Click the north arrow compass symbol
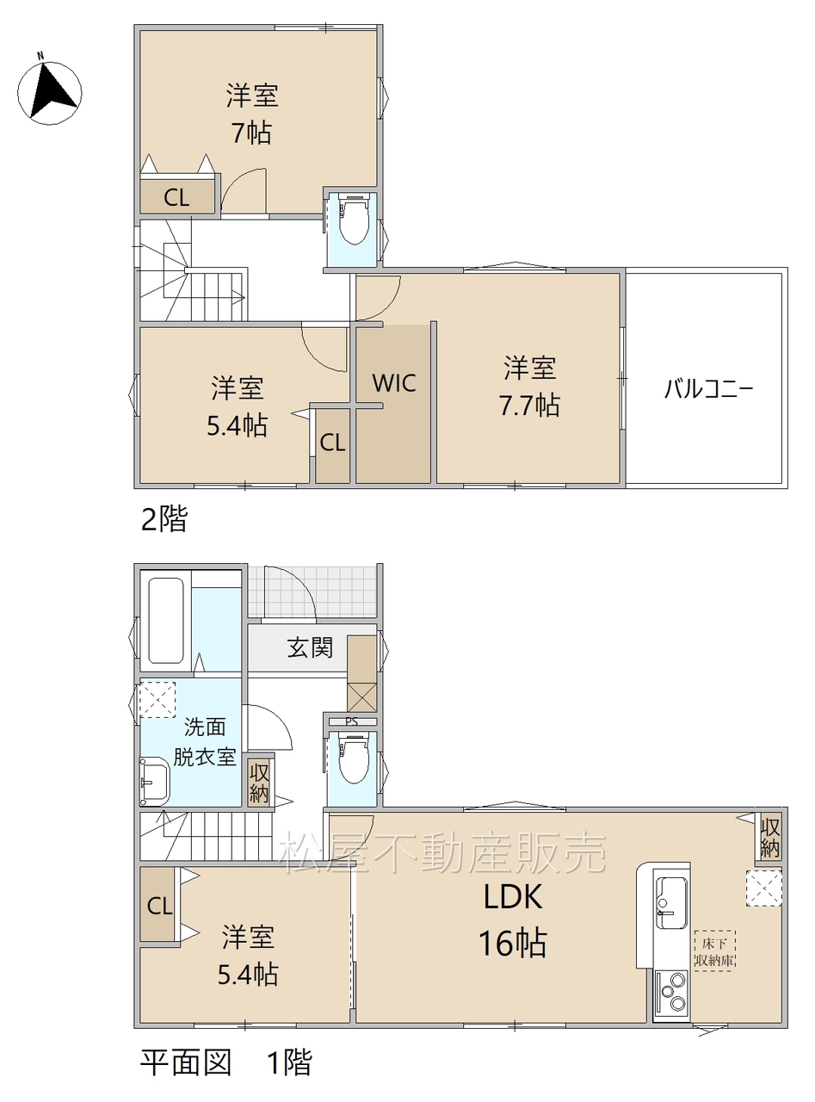[x=49, y=93]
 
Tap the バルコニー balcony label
[x=709, y=389]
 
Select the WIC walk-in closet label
[x=394, y=383]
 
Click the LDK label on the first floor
[x=513, y=897]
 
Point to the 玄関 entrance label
[x=310, y=647]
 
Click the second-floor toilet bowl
[x=353, y=219]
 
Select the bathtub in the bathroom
[x=165, y=620]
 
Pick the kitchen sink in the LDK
[x=671, y=901]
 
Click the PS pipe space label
[x=351, y=721]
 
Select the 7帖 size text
[x=252, y=133]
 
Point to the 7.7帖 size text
[x=529, y=406]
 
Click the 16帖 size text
[x=513, y=943]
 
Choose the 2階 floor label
[x=164, y=519]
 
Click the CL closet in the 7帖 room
[x=177, y=197]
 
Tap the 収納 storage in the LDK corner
[x=769, y=835]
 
